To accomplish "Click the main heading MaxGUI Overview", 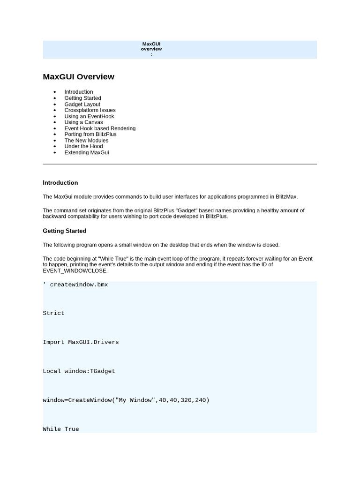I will [x=78, y=77].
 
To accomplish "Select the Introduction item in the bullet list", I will [x=79, y=92].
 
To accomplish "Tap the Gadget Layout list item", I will [x=82, y=104].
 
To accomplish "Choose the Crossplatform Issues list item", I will [x=90, y=110].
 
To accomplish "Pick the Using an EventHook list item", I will [x=89, y=116].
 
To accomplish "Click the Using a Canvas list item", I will [x=83, y=122].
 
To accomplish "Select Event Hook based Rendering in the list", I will [x=100, y=128].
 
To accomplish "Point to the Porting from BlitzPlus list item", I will [x=90, y=134].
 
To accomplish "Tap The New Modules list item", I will [x=86, y=140].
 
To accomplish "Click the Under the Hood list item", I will [x=83, y=146].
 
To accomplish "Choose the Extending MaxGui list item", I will [x=87, y=152].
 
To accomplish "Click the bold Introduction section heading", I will [x=60, y=183].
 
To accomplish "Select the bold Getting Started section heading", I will [x=65, y=231].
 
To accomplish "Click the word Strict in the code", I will [x=53, y=313].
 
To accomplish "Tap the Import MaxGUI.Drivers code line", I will [x=81, y=342].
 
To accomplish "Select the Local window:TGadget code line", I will [x=79, y=371].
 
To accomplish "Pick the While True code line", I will [x=61, y=429].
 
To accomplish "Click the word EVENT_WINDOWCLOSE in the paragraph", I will [x=75, y=270].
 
